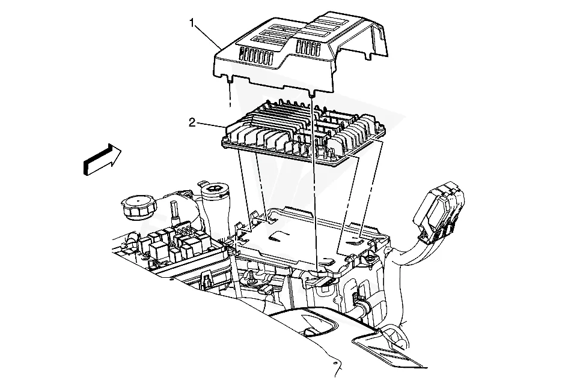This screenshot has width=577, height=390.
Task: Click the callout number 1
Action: point(192,23)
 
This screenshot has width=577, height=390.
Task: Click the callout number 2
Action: point(192,122)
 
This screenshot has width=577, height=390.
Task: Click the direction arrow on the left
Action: point(102,159)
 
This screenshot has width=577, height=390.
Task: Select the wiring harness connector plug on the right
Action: point(439,212)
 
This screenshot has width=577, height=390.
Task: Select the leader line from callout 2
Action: point(210,125)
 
